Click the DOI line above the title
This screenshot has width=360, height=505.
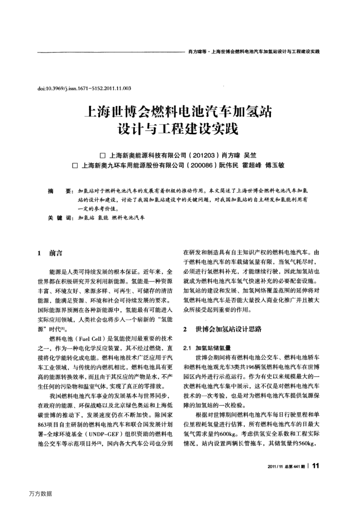click(x=84, y=88)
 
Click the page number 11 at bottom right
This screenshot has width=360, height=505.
click(x=316, y=467)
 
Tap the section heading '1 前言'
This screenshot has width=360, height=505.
click(x=50, y=253)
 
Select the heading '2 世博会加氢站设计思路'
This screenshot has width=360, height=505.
click(x=222, y=328)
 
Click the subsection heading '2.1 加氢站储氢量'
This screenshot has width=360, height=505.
click(x=208, y=347)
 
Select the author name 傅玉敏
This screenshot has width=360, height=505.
click(x=275, y=166)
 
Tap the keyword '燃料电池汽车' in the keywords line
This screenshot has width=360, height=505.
click(x=128, y=218)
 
